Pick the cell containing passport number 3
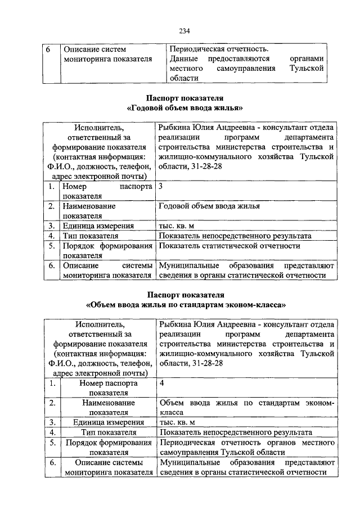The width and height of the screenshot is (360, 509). (x=162, y=186)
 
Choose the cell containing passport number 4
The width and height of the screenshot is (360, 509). (x=163, y=384)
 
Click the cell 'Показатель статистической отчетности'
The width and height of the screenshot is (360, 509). (x=229, y=246)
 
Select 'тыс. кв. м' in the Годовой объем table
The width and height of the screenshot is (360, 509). (x=177, y=226)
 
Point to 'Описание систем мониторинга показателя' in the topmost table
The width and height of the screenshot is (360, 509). (x=107, y=54)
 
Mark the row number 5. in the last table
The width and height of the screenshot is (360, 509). (x=52, y=443)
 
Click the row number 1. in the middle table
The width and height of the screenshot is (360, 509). (x=51, y=186)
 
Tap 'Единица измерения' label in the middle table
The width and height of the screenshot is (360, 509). (x=96, y=226)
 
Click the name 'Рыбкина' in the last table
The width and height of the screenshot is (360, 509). (x=175, y=325)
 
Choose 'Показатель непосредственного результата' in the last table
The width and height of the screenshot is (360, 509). (x=236, y=433)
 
